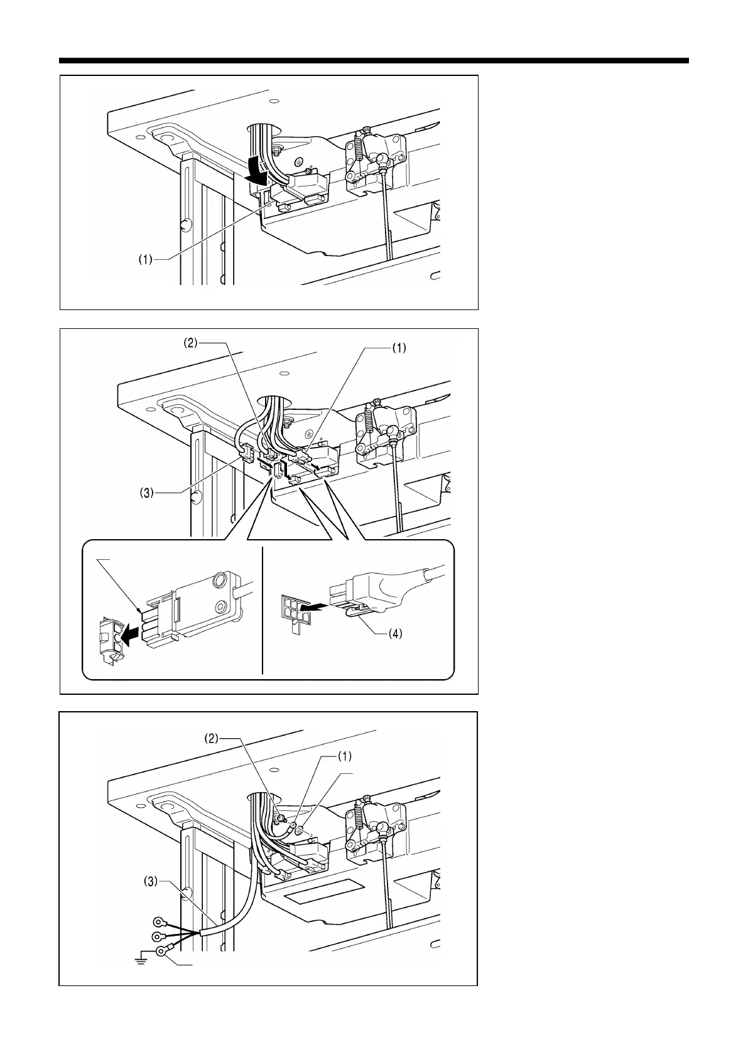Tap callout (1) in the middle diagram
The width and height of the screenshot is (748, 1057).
[398, 348]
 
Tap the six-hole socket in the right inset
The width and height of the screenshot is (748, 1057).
[293, 606]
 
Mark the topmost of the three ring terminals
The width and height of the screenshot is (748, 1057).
[159, 923]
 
